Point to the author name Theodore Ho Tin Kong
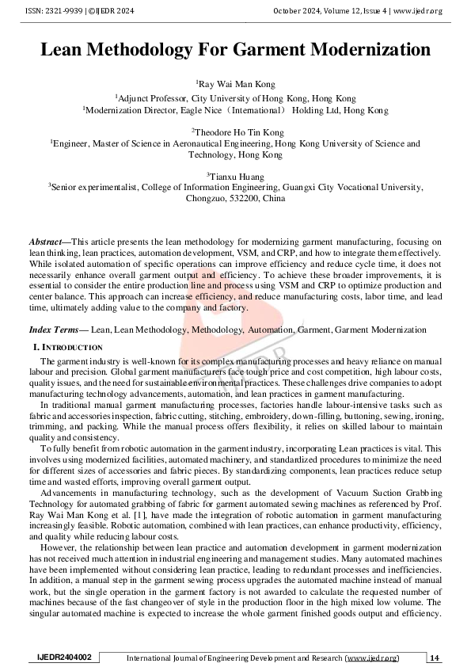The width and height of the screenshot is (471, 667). click(237, 131)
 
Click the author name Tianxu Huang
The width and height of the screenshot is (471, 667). click(237, 176)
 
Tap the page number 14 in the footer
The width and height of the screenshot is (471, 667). click(435, 658)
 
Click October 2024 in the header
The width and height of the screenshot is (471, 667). click(298, 10)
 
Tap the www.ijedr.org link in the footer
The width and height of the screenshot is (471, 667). click(372, 658)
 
